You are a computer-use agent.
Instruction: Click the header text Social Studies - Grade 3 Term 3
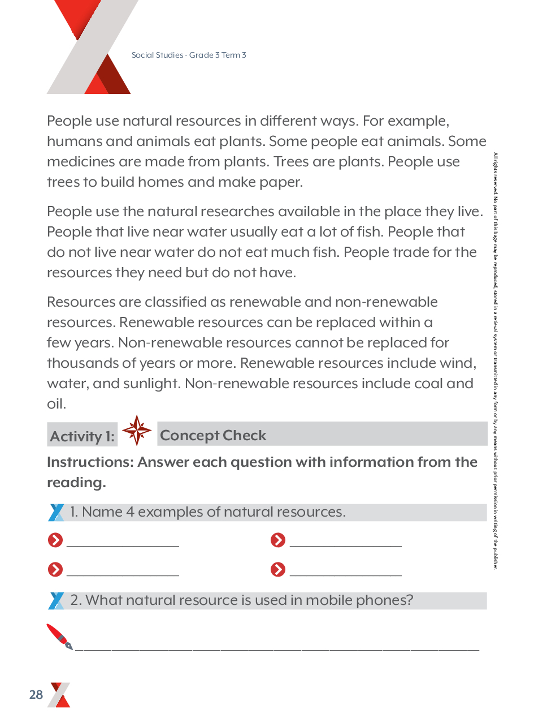point(189,55)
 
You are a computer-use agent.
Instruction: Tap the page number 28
point(36,695)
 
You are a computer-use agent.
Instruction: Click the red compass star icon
point(137,430)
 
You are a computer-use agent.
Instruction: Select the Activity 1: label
point(82,436)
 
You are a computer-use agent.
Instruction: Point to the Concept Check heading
point(213,435)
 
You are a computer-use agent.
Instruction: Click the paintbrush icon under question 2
point(59,637)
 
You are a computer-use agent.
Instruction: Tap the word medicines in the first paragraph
point(81,161)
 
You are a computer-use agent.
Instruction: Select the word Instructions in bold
point(90,462)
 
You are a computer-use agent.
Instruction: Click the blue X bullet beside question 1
point(56,512)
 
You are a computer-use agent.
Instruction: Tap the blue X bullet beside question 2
point(56,600)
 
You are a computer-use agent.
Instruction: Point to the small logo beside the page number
point(59,695)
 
